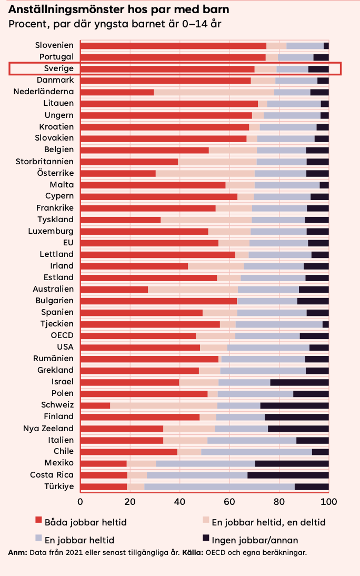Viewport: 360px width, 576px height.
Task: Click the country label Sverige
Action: pyautogui.click(x=59, y=68)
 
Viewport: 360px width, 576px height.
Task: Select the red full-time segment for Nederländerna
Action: pyautogui.click(x=117, y=92)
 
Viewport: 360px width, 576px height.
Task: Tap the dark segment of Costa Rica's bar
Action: pyautogui.click(x=288, y=475)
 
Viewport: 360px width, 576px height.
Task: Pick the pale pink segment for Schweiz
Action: pyautogui.click(x=164, y=405)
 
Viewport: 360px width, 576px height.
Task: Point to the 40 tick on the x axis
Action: pyautogui.click(x=179, y=502)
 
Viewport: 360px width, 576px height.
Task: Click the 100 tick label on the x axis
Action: pyautogui.click(x=328, y=502)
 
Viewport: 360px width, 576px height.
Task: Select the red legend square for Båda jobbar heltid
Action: pyautogui.click(x=38, y=520)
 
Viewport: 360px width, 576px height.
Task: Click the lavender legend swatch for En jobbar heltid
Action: pyautogui.click(x=38, y=538)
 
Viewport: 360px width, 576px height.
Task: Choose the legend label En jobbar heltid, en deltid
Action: pyautogui.click(x=268, y=522)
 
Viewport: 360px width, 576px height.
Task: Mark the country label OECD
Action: pyautogui.click(x=62, y=335)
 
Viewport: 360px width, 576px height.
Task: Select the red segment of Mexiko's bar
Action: pyautogui.click(x=104, y=463)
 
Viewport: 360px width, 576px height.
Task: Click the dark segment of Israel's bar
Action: pyautogui.click(x=299, y=382)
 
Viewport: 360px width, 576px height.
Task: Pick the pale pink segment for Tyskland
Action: pyautogui.click(x=206, y=220)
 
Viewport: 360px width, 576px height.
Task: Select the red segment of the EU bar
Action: pyautogui.click(x=149, y=243)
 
